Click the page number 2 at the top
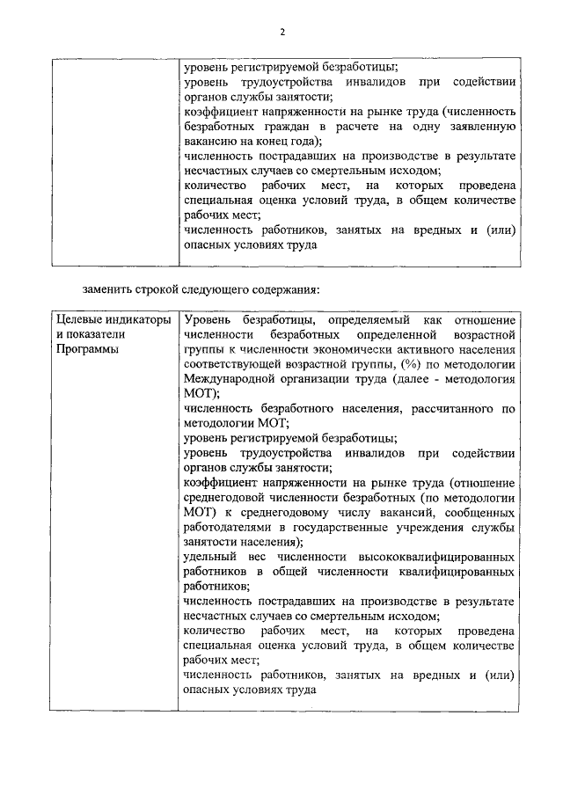click(x=282, y=33)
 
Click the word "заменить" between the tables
click(x=109, y=288)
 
